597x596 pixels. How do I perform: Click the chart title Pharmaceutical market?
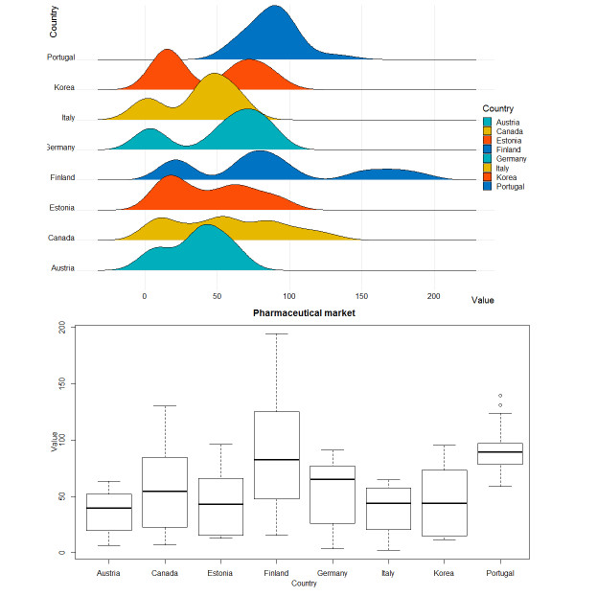pos(304,313)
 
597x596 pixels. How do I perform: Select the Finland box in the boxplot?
pos(276,455)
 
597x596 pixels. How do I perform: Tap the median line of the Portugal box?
pos(500,451)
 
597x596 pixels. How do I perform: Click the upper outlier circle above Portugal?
pos(500,396)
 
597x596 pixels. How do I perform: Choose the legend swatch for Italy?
pos(488,169)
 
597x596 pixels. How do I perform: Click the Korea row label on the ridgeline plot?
pos(64,88)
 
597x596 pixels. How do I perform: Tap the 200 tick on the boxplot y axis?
pos(62,328)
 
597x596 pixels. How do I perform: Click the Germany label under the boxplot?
pos(333,572)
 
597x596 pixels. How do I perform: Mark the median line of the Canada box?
pos(164,492)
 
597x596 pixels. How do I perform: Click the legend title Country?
pos(497,108)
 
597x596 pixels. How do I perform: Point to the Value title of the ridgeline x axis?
pos(483,300)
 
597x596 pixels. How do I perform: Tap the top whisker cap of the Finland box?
pos(276,334)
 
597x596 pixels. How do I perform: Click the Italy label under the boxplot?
pos(388,572)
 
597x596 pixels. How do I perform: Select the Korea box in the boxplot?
pos(444,503)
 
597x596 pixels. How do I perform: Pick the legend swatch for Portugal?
pos(488,187)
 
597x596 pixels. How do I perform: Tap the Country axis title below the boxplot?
pos(304,583)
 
